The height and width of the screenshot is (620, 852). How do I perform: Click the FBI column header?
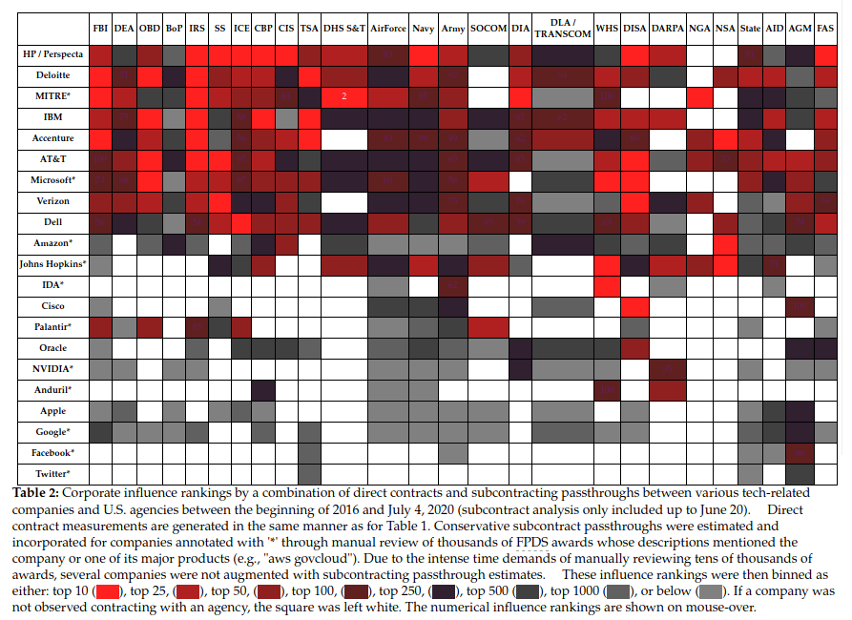point(100,30)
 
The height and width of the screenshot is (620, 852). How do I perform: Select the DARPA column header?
point(667,30)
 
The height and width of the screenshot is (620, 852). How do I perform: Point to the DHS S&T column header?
point(343,30)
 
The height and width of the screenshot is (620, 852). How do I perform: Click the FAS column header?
point(825,30)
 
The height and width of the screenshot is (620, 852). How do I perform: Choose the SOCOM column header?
point(488,30)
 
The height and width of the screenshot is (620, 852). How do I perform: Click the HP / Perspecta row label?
point(53,54)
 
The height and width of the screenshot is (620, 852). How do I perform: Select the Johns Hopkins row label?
point(53,264)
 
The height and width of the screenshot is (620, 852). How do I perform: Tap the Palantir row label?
point(53,327)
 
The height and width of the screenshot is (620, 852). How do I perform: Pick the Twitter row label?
point(53,473)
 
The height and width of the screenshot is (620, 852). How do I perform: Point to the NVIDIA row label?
point(53,369)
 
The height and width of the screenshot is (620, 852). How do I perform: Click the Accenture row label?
point(53,138)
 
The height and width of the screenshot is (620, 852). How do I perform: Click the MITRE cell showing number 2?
point(343,96)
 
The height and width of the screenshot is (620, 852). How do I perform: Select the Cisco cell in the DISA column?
point(634,306)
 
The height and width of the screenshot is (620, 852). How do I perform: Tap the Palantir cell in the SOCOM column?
point(488,327)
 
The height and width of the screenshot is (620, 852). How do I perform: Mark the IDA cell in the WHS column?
point(607,285)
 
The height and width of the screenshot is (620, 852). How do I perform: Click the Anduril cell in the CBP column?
point(263,390)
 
